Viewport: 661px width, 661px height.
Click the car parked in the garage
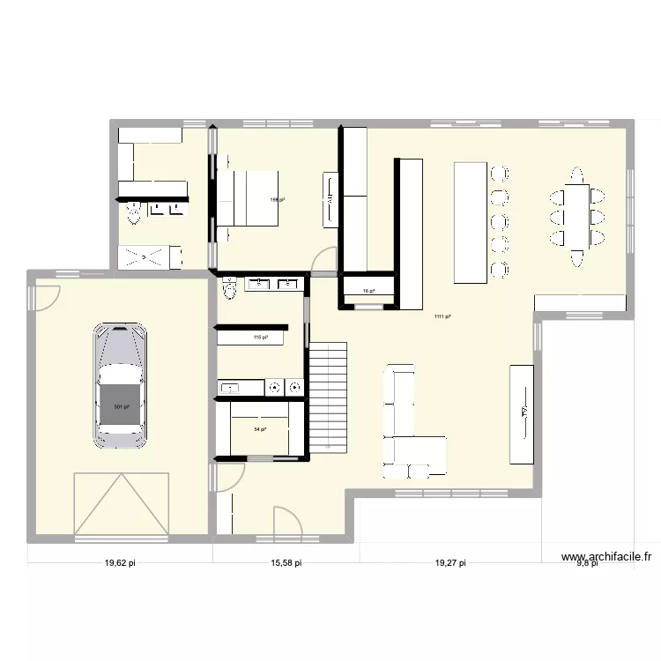pos(121,385)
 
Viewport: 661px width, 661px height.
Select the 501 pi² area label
pos(121,407)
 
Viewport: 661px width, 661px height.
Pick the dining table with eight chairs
pos(578,216)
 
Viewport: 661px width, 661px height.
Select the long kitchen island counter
pos(471,222)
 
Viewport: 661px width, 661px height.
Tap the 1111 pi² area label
pos(442,317)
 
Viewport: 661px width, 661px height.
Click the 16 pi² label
pos(368,291)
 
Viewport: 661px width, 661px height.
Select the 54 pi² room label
pos(260,429)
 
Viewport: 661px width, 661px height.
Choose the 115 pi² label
pos(260,337)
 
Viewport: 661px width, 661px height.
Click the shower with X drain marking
pos(150,256)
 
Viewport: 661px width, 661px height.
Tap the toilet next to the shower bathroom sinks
pos(134,211)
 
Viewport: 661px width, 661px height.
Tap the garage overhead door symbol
pos(121,503)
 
